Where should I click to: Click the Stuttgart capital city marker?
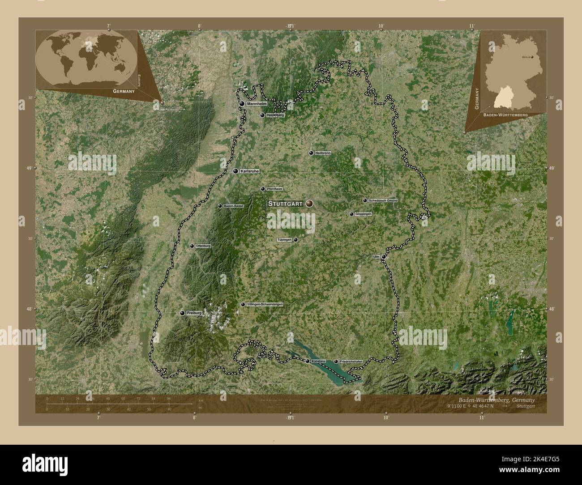pos(309,204)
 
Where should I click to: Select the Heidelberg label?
pos(275,115)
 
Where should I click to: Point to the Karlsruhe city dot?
pos(235,171)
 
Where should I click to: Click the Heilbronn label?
pos(323,153)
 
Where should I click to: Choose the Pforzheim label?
pos(274,189)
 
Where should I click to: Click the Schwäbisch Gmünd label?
pos(383,201)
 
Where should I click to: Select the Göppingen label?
pos(363,214)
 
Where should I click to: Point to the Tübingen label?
pos(285,240)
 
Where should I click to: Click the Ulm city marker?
pos(383,257)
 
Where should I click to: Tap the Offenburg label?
pos(203,246)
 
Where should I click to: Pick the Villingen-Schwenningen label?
pos(265,304)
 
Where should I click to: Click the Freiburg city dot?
pos(182,313)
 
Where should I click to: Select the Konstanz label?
pos(318,361)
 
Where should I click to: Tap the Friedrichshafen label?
pos(351,362)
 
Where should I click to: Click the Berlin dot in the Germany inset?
pos(532,57)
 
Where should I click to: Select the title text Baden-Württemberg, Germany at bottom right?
pos(496,400)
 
